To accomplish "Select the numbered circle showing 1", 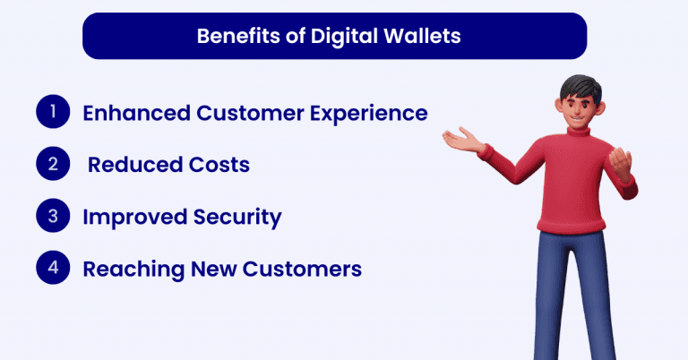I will click(53, 113).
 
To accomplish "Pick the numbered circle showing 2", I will click(53, 165).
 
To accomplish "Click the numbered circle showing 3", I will click(53, 217).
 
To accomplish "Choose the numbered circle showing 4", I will click(53, 269).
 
